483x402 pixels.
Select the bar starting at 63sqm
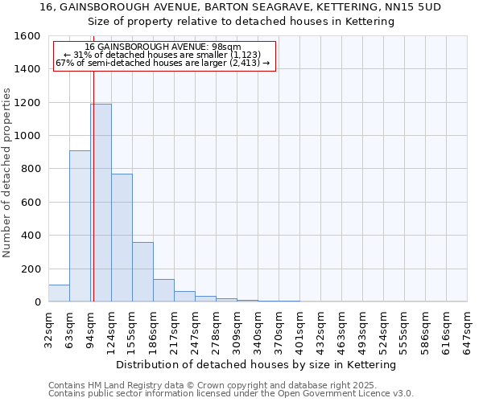tap(80, 226)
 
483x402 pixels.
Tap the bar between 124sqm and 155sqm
tap(122, 237)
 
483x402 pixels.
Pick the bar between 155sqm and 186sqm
tap(142, 272)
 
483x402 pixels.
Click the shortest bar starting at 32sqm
tap(59, 293)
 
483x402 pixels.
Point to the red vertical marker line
tap(93, 185)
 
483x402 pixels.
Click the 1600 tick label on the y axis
tap(27, 36)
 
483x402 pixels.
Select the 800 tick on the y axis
tap(31, 169)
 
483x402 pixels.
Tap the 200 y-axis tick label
tap(31, 269)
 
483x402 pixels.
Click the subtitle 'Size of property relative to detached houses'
tap(241, 22)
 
